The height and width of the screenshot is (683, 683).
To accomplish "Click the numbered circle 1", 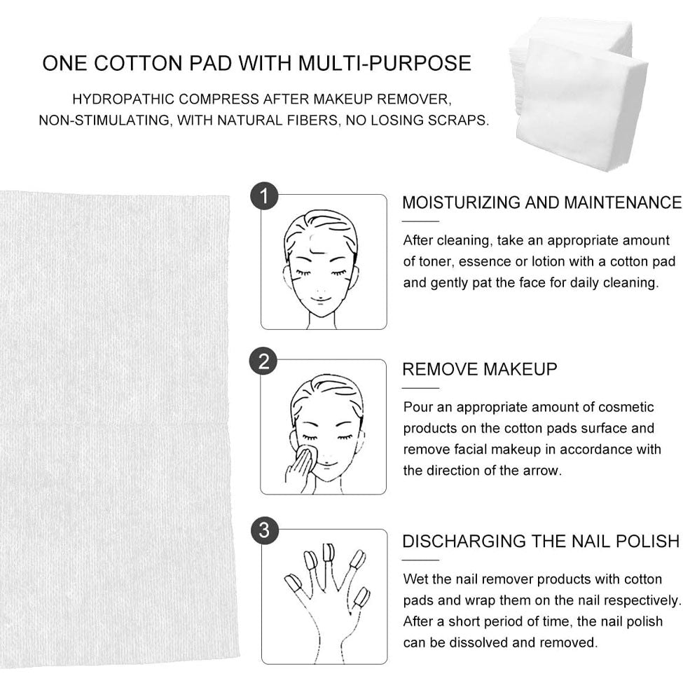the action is pyautogui.click(x=264, y=196).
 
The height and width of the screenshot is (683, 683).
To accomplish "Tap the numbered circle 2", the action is pyautogui.click(x=263, y=361).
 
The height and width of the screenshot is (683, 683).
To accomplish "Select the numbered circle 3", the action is pyautogui.click(x=264, y=530).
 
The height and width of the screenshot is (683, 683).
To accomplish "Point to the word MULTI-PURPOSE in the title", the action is pyautogui.click(x=385, y=63).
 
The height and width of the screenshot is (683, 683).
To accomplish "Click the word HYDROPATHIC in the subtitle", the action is pyautogui.click(x=123, y=99).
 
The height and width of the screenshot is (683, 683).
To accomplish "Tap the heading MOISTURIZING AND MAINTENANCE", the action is pyautogui.click(x=541, y=202).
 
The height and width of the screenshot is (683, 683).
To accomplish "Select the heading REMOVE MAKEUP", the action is pyautogui.click(x=480, y=369).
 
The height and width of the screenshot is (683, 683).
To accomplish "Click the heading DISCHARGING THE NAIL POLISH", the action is pyautogui.click(x=541, y=541).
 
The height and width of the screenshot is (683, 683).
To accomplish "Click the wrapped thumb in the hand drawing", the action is pyautogui.click(x=292, y=583).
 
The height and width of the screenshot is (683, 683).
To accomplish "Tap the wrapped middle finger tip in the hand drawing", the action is pyautogui.click(x=328, y=552).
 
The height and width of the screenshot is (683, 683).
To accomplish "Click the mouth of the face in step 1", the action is pyautogui.click(x=319, y=299).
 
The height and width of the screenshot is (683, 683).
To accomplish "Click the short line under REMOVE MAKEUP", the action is pyautogui.click(x=420, y=387).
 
